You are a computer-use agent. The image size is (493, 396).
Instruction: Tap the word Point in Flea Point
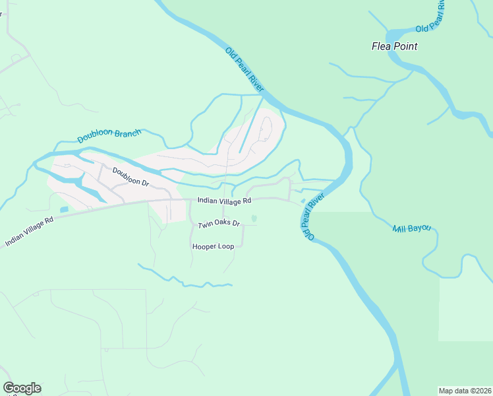click(405, 47)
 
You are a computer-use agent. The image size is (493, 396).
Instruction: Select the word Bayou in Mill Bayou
click(419, 228)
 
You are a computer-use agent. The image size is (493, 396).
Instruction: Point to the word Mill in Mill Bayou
click(399, 229)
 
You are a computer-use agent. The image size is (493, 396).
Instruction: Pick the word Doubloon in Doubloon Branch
click(97, 137)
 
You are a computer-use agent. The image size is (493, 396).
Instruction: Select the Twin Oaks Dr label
click(219, 225)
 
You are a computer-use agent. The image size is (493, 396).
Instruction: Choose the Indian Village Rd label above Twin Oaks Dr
click(224, 201)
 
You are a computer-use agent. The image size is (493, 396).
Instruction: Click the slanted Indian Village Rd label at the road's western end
click(28, 232)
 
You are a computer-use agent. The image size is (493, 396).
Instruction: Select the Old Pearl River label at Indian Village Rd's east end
click(312, 216)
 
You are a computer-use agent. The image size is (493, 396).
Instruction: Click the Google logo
click(22, 388)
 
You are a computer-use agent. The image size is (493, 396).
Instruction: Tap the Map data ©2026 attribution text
click(465, 390)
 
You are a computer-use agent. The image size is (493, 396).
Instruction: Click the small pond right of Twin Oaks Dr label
click(254, 219)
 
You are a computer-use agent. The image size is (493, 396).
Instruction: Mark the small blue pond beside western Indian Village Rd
click(64, 210)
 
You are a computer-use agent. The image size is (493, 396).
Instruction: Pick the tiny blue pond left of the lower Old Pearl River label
click(303, 201)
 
